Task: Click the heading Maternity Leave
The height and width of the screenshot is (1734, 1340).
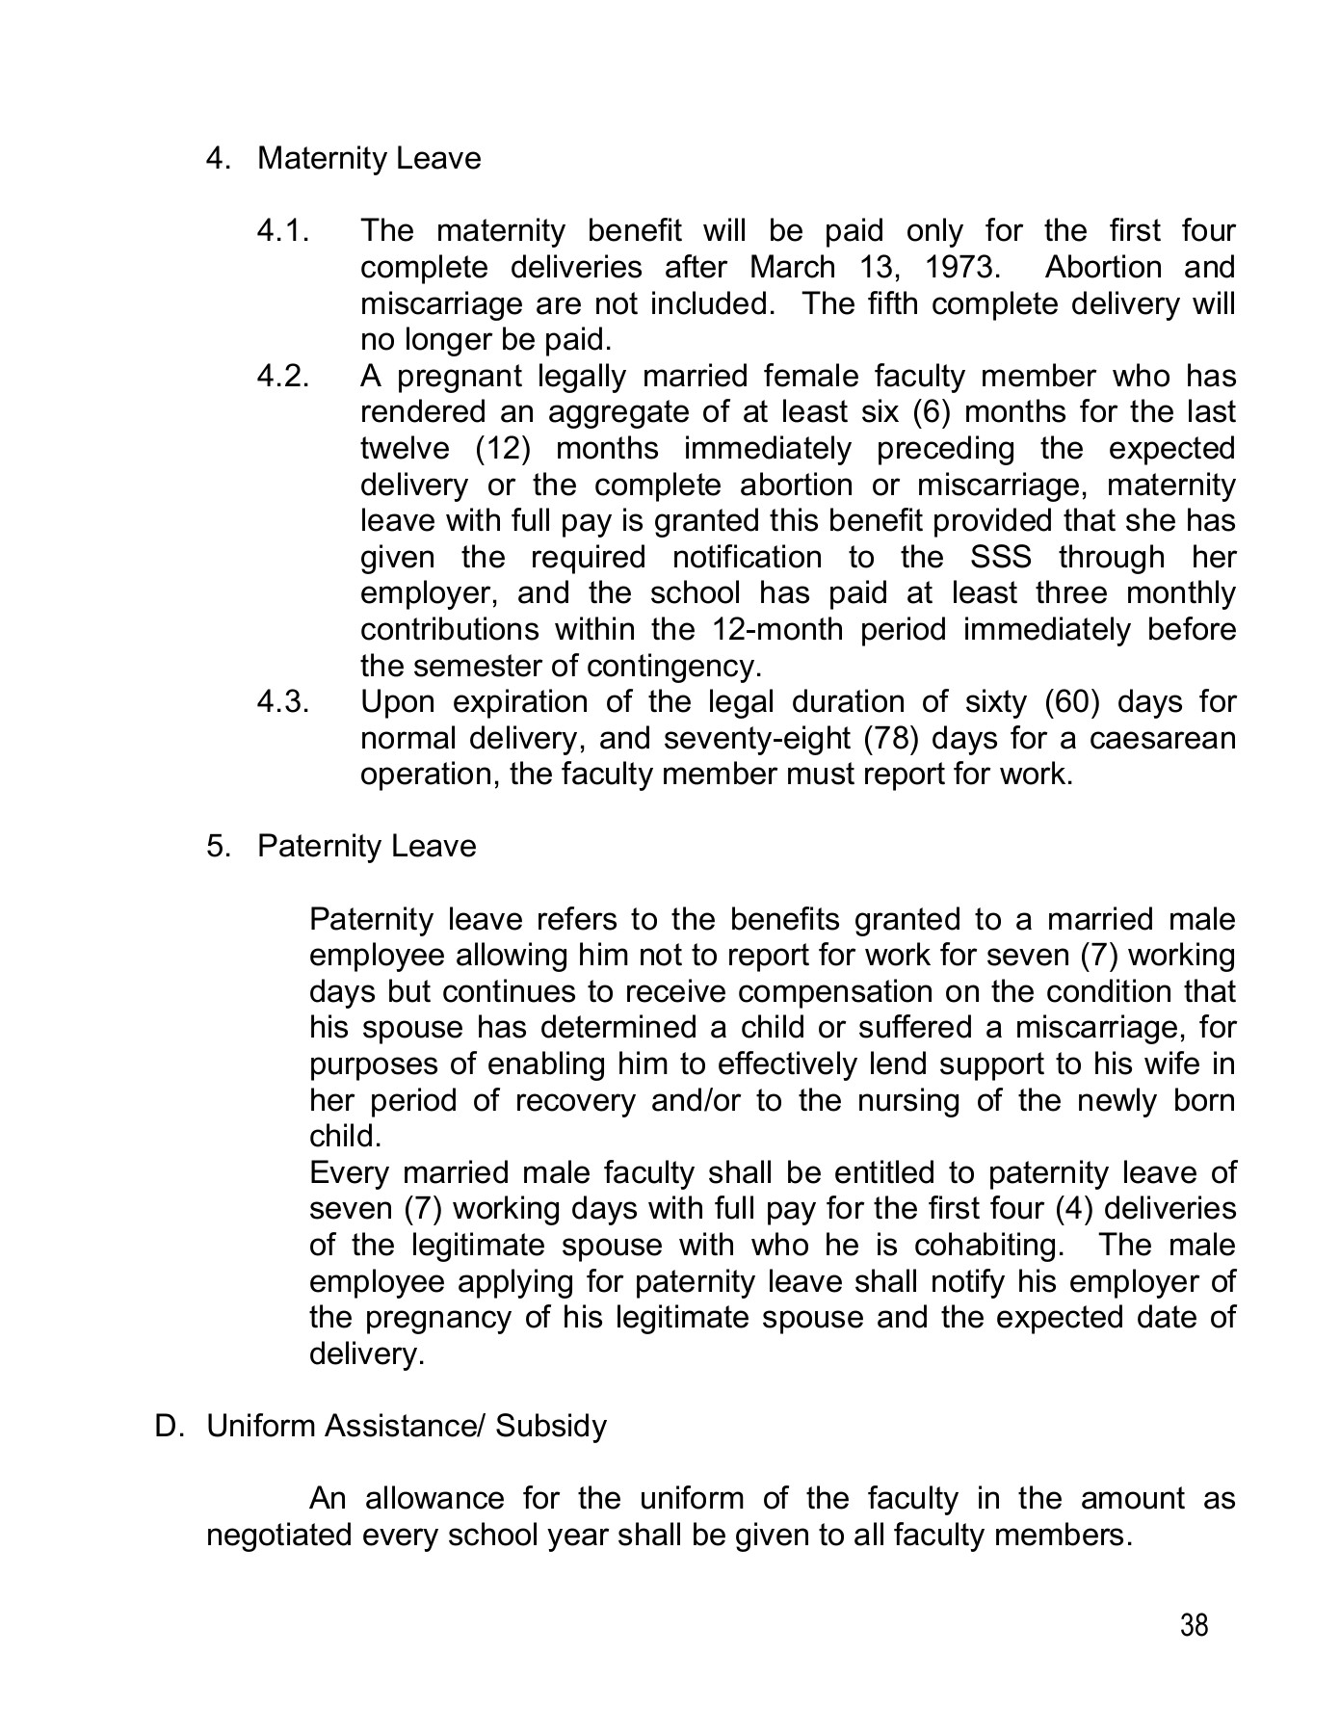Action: click(x=369, y=158)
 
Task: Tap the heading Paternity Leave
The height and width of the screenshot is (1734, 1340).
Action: click(x=366, y=846)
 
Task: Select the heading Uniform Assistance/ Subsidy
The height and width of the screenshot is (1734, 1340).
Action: click(x=407, y=1426)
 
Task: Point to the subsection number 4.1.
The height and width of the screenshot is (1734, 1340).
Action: click(x=282, y=231)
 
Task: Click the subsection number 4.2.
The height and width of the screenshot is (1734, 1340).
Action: click(x=282, y=376)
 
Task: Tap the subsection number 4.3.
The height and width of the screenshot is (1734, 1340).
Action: click(x=282, y=701)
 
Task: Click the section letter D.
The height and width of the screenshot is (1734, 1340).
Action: click(x=169, y=1426)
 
